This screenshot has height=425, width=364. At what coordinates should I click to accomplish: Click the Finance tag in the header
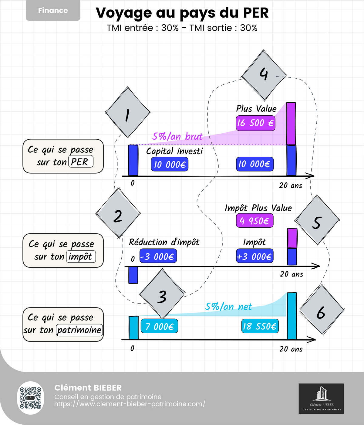point(53,11)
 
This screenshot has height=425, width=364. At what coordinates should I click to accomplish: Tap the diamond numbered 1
point(128,113)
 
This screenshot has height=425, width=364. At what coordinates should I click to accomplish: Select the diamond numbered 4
point(264,75)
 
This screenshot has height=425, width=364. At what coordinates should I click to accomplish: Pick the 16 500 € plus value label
point(255,123)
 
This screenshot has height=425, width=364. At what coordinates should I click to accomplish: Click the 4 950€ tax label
point(255,221)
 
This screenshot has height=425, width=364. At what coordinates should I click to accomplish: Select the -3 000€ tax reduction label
point(158,257)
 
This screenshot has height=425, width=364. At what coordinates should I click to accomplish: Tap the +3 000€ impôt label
point(254,257)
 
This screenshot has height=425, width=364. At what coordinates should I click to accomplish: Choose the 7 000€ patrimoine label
point(159,327)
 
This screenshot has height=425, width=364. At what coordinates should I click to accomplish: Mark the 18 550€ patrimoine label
point(260,326)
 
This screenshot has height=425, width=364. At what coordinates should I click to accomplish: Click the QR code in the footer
point(31,398)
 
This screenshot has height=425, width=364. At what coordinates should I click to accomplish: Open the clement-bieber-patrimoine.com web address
point(130,404)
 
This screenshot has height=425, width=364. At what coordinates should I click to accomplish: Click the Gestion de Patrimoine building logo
point(321,398)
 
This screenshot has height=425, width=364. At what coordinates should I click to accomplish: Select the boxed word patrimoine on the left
point(79,330)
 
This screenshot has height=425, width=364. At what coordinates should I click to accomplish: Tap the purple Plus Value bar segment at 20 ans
point(291,124)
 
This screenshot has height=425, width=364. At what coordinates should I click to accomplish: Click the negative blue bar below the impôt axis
point(133,275)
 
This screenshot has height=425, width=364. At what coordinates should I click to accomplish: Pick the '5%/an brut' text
point(177,137)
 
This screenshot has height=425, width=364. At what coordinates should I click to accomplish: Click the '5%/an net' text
point(228,307)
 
